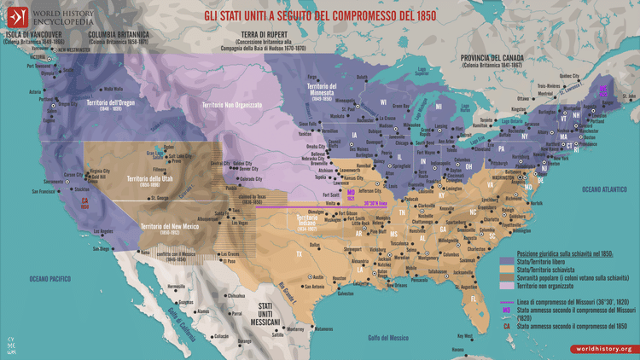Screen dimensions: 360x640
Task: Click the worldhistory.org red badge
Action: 603,349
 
